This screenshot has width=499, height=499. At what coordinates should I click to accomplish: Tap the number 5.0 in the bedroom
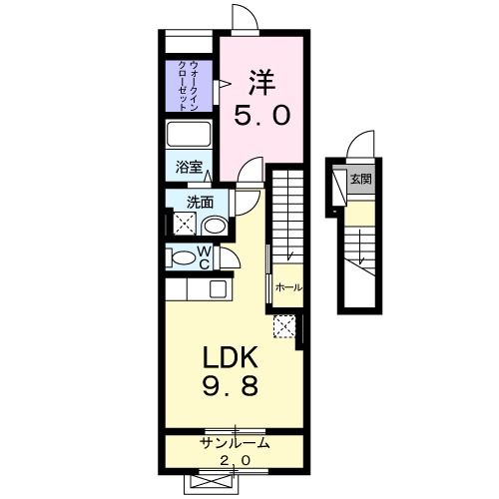[262, 115]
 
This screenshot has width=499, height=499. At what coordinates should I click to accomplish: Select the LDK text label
[233, 358]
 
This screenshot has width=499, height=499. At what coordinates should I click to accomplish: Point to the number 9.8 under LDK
[233, 387]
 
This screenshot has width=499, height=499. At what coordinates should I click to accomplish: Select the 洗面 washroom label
[200, 202]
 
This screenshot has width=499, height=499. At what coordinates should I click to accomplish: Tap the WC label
[203, 257]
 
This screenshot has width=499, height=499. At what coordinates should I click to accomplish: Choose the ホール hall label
[289, 287]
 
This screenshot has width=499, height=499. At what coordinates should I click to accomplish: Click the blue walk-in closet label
[188, 86]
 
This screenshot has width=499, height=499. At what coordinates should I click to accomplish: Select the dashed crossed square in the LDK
[284, 324]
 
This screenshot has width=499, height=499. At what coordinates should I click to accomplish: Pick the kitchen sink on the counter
[217, 290]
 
